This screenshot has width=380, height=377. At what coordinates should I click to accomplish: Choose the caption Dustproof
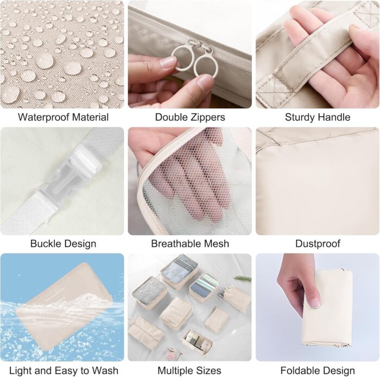point(318,244)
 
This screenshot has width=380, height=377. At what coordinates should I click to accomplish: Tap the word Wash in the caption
point(105,370)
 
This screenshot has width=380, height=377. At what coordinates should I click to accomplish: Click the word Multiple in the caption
point(175,370)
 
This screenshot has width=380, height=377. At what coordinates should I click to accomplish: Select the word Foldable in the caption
point(299,370)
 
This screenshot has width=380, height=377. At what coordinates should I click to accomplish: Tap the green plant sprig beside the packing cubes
point(242,279)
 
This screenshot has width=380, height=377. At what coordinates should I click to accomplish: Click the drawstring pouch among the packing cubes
point(236,299)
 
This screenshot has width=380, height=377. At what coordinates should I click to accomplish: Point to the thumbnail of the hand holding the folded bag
point(318,307)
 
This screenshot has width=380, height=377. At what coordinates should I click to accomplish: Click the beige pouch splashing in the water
point(64,306)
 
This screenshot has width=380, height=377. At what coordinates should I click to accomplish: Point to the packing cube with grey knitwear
point(149,293)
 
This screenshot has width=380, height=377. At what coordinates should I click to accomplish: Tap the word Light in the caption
point(21,370)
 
